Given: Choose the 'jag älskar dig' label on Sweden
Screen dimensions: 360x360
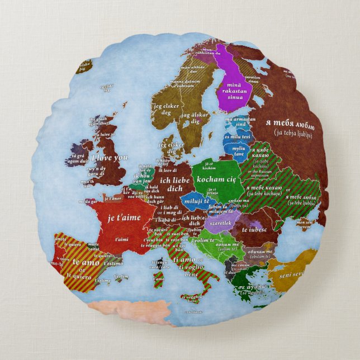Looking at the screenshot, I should click(195, 118).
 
